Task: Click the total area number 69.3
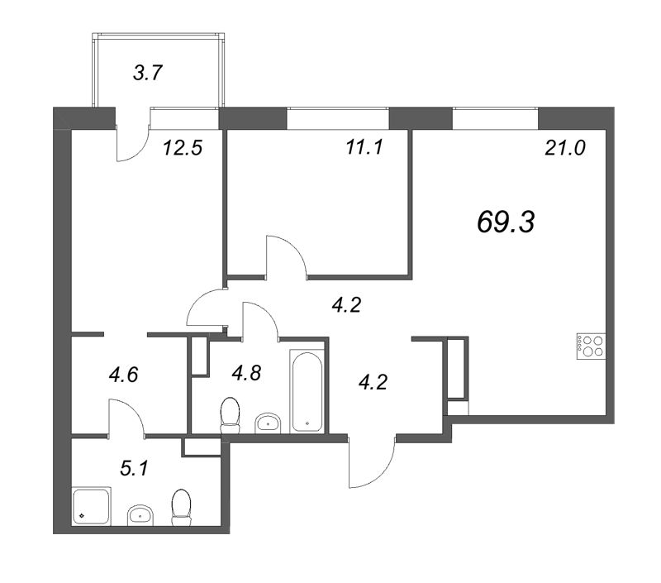click(506, 221)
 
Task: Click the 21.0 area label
click(565, 149)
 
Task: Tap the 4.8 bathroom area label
click(246, 373)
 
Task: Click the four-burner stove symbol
click(592, 344)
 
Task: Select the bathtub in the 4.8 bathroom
click(307, 391)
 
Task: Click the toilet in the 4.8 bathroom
click(231, 414)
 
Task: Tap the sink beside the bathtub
click(268, 423)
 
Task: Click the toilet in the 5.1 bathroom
click(181, 505)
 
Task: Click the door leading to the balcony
click(132, 136)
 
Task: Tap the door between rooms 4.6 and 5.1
click(126, 418)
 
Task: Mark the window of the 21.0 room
click(495, 118)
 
